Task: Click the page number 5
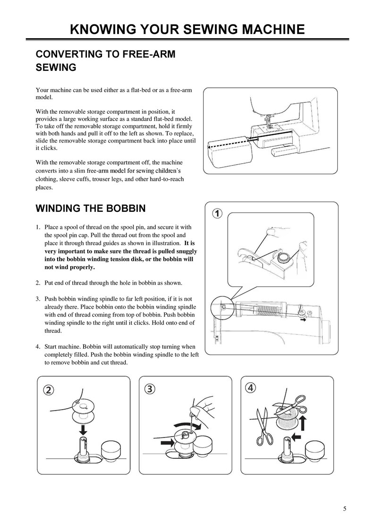[x=345, y=508]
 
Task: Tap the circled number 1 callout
[x=216, y=213]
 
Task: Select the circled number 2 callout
[x=49, y=389]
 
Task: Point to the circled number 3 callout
[x=150, y=388]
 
